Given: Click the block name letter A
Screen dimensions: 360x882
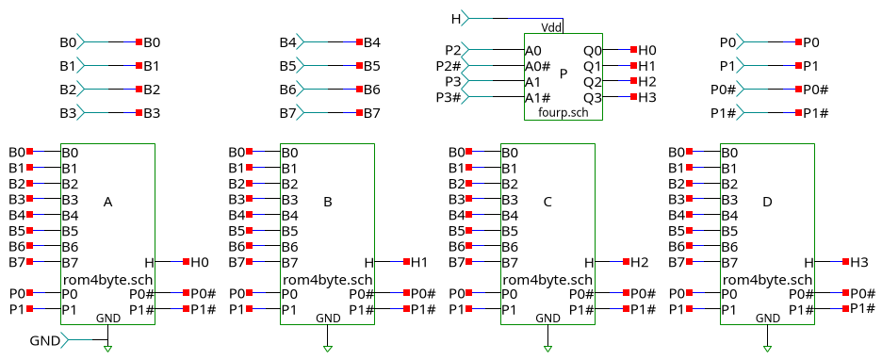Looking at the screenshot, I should [x=107, y=202].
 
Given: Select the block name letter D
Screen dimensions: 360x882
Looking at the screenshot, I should [x=767, y=202].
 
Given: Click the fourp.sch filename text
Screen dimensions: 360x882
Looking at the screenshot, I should [x=563, y=112].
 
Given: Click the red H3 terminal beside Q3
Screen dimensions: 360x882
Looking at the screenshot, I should [x=633, y=97].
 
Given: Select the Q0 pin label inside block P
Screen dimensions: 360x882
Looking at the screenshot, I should [x=591, y=50].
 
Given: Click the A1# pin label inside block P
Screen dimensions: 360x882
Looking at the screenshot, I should [x=538, y=97].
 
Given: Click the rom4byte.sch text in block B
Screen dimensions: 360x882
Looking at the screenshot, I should [x=328, y=280].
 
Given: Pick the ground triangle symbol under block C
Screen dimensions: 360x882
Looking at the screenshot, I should [x=547, y=349].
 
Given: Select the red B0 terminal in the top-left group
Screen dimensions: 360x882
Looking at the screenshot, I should [x=139, y=42].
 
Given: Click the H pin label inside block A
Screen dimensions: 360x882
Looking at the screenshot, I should [x=149, y=262].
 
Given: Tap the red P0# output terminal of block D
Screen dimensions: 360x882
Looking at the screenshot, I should [x=846, y=294].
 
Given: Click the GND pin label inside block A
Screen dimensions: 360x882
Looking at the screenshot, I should [x=108, y=319].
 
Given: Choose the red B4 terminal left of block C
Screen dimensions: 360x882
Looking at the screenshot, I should [x=469, y=215].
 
